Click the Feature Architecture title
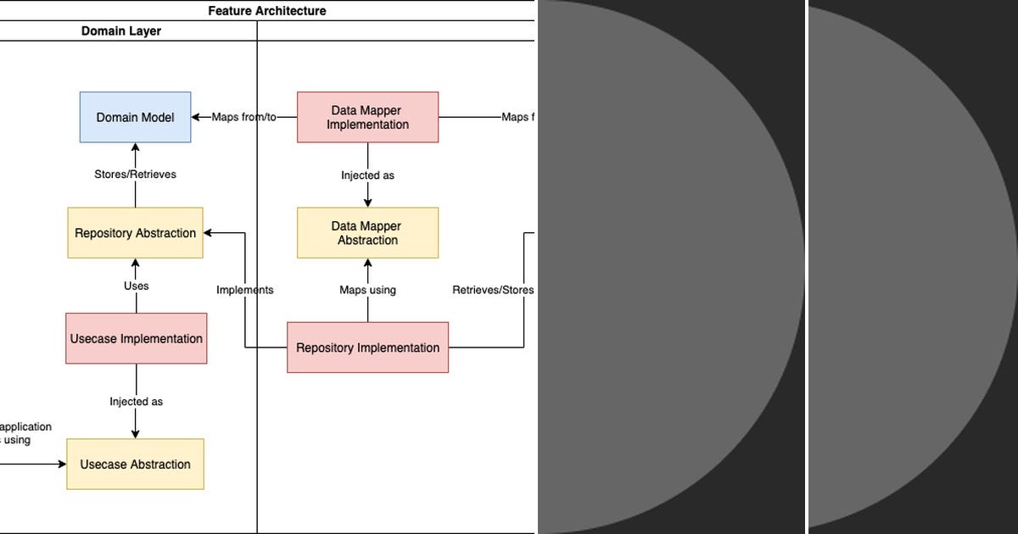pos(266,11)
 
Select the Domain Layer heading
pos(121,31)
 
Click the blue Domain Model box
pos(135,117)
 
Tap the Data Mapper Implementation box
pos(367,117)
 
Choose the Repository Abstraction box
pos(135,233)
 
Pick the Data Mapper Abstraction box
pos(367,233)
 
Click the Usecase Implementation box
pos(136,338)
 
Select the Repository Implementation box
pos(367,348)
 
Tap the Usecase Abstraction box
pos(135,464)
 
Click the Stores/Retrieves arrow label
pos(135,175)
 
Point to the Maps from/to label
pos(243,117)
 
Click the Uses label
pos(136,286)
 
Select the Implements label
pos(244,290)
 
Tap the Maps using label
pos(367,290)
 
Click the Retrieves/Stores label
pos(493,290)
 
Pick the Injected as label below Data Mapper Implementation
pos(367,175)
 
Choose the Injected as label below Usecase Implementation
pos(136,402)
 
